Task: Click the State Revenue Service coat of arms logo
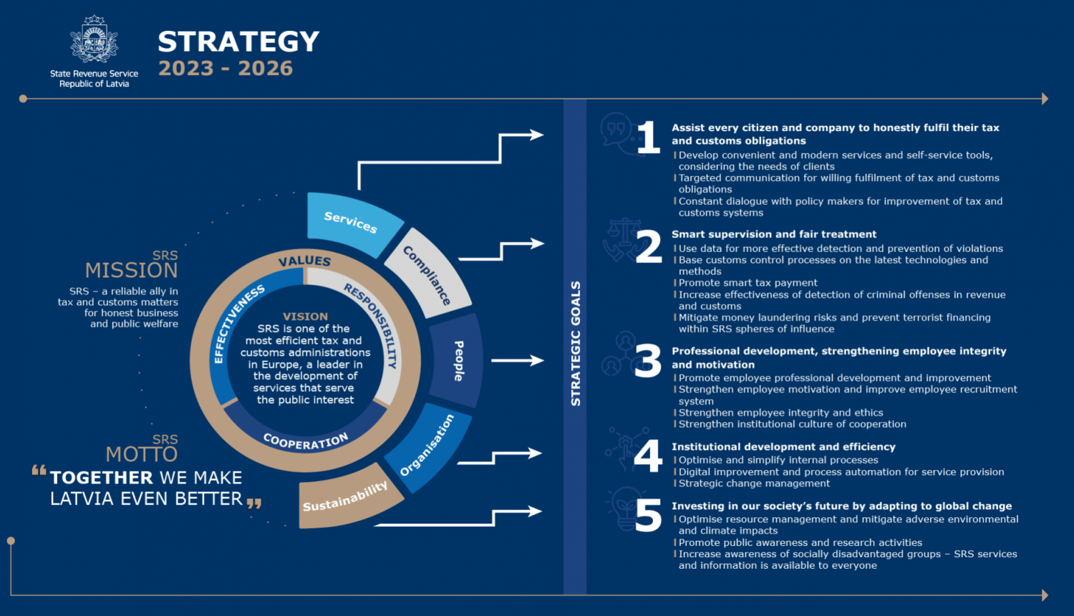[x=94, y=40]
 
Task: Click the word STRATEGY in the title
[x=238, y=42]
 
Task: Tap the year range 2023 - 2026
[x=226, y=69]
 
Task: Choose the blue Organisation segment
[x=427, y=446]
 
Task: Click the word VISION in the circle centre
[x=305, y=317]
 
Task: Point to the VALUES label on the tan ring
[x=304, y=261]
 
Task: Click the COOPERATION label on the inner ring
[x=305, y=441]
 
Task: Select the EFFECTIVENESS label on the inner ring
[x=238, y=323]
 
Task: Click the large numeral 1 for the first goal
[x=648, y=137]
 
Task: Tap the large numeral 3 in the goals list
[x=648, y=360]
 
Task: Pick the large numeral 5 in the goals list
[x=648, y=516]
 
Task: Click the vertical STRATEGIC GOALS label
[x=575, y=344]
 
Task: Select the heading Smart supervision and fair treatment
[x=773, y=234]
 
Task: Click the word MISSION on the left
[x=131, y=270]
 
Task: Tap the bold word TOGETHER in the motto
[x=102, y=478]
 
